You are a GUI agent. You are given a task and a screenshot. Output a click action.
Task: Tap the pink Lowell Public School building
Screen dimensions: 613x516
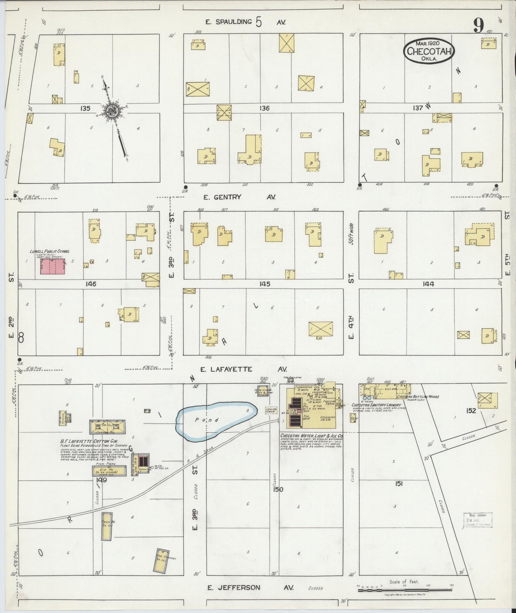(52, 266)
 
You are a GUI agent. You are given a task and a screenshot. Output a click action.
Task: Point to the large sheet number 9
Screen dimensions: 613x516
(479, 25)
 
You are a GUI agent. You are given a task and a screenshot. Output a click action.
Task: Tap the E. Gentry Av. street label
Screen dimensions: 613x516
(240, 197)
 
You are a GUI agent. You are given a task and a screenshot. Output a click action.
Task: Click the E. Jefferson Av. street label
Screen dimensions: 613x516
(250, 588)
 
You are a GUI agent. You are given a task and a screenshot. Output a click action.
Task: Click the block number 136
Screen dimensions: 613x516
(264, 108)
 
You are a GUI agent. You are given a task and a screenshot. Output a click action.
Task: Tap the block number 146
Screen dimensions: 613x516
(91, 284)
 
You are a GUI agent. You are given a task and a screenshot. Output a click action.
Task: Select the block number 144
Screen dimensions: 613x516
(428, 284)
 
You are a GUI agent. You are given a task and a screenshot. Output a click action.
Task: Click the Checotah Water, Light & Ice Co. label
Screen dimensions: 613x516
(311, 436)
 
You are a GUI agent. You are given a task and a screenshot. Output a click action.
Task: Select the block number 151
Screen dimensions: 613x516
(399, 484)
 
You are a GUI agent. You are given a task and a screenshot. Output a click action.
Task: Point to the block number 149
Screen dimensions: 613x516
(101, 480)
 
